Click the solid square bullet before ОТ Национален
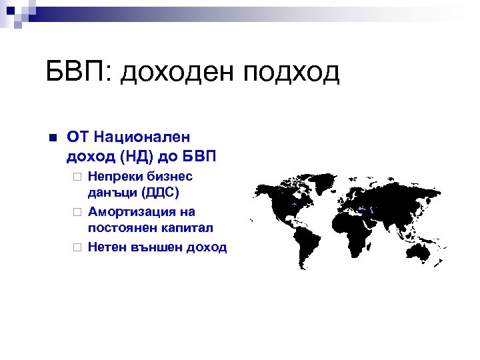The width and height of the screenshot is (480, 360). pos(54,138)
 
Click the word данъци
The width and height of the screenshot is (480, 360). pos(109,192)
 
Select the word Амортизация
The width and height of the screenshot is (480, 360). pos(131,211)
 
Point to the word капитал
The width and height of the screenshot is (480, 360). pos(187,227)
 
